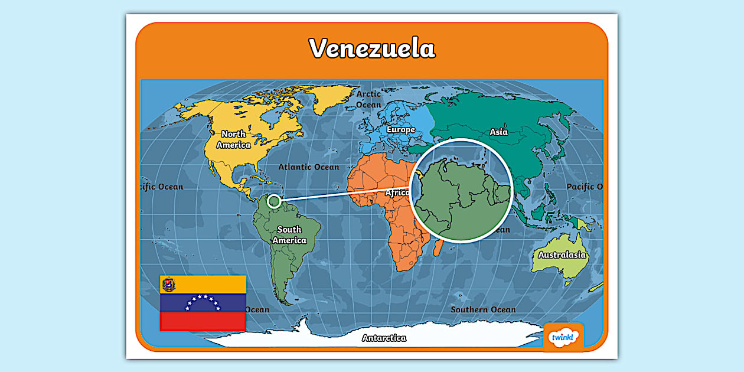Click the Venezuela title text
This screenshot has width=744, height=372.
[x=372, y=48]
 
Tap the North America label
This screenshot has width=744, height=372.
[x=233, y=140]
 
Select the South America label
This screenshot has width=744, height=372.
[x=289, y=235]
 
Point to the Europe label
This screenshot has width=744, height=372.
[x=400, y=129]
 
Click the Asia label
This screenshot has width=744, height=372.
[x=499, y=132]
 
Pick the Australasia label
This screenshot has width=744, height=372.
[x=562, y=255]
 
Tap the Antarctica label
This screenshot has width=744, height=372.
[x=384, y=338]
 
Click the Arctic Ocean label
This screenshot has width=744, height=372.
[x=369, y=99]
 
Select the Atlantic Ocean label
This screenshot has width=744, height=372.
[x=309, y=167]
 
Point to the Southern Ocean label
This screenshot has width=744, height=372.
[x=483, y=309]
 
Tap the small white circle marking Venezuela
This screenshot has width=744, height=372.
[x=273, y=201]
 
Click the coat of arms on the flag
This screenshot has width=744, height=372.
[x=169, y=285]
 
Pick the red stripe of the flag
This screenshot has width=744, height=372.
[x=203, y=321]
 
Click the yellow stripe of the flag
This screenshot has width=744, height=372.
[x=213, y=285]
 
